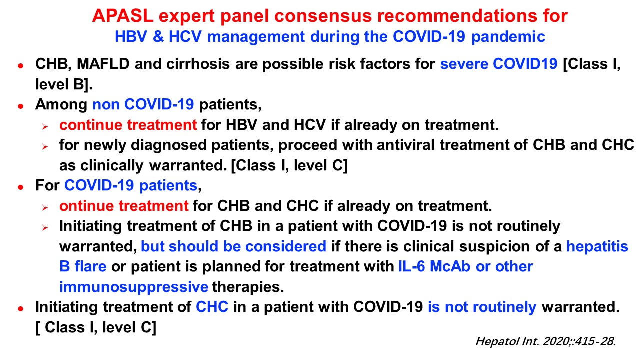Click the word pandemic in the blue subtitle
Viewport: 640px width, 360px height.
[x=508, y=37]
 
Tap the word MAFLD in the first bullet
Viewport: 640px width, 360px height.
[x=103, y=64]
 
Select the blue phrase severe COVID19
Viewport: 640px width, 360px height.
[x=499, y=64]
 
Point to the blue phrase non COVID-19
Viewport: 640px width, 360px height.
[x=143, y=104]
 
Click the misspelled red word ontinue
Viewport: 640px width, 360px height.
[x=87, y=206]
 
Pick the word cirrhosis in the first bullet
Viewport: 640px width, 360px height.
[x=198, y=64]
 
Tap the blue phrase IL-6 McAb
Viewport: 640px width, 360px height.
[x=434, y=266]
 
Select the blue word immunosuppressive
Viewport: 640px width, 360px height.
[x=134, y=287]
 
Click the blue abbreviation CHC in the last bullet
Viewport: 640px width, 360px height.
[x=212, y=307]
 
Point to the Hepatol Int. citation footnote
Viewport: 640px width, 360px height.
[x=545, y=341]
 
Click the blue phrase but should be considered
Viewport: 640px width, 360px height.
[x=233, y=246]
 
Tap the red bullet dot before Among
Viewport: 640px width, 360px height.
[x=20, y=106]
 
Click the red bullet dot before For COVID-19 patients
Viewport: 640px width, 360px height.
[x=20, y=187]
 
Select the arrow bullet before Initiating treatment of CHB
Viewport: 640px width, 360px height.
[x=45, y=228]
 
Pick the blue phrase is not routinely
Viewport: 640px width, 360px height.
[x=482, y=307]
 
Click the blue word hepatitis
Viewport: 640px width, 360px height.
[x=597, y=247]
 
